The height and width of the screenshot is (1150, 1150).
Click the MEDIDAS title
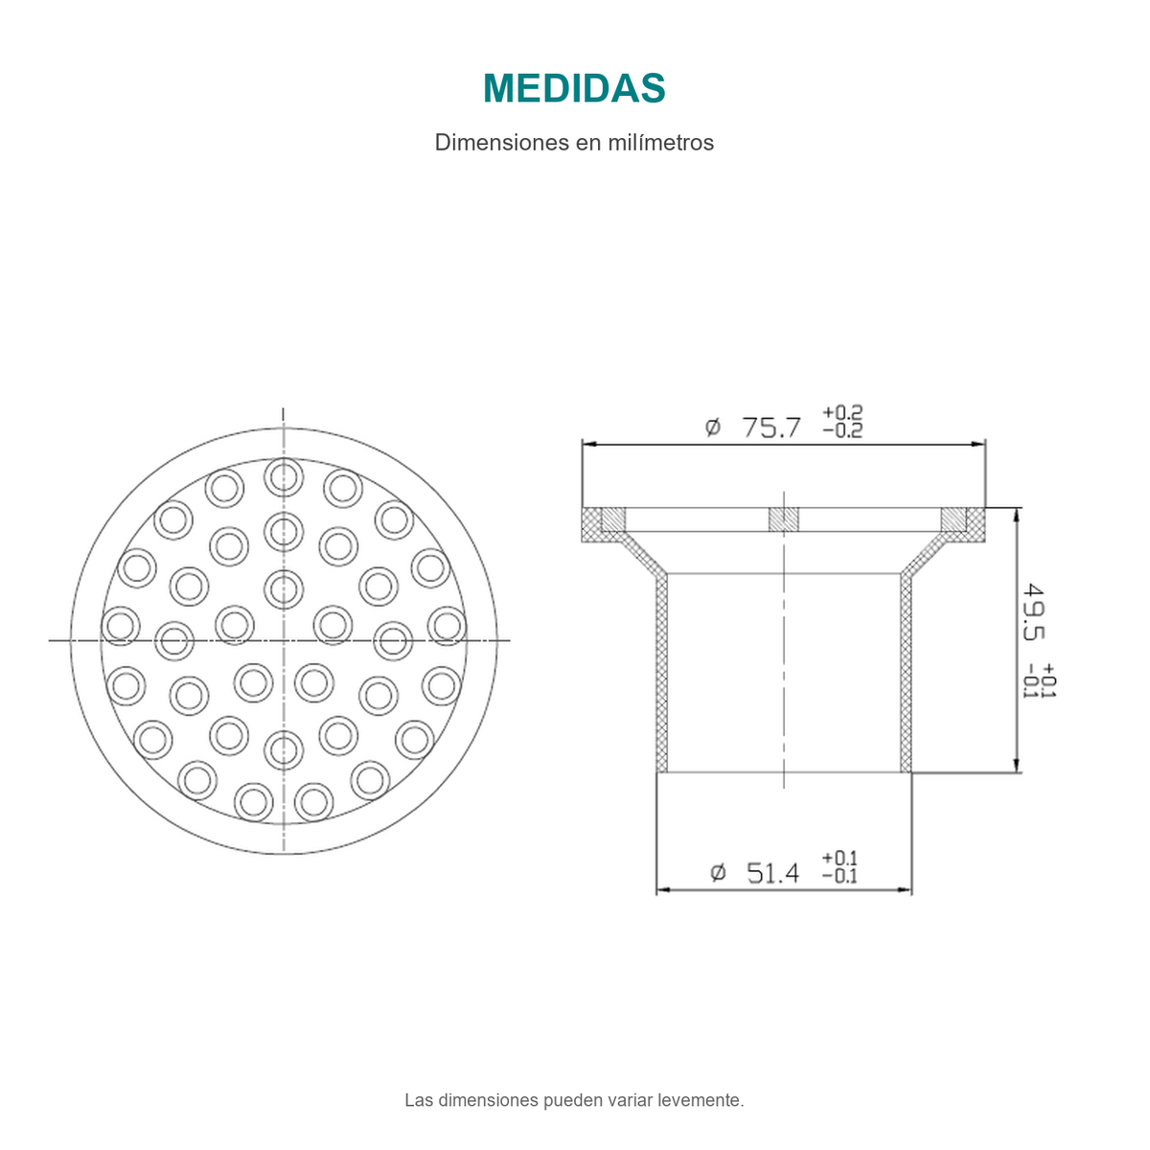click(x=573, y=88)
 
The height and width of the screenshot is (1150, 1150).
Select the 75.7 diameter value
click(x=771, y=427)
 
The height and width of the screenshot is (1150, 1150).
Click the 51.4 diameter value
click(x=772, y=874)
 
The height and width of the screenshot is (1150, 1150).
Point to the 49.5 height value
click(x=1033, y=612)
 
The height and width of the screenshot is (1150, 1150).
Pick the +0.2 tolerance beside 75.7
click(x=842, y=412)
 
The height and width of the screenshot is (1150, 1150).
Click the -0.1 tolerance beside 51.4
click(x=839, y=876)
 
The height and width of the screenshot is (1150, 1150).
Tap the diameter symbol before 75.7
click(x=713, y=427)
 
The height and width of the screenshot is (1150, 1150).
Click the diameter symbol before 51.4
click(x=718, y=873)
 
